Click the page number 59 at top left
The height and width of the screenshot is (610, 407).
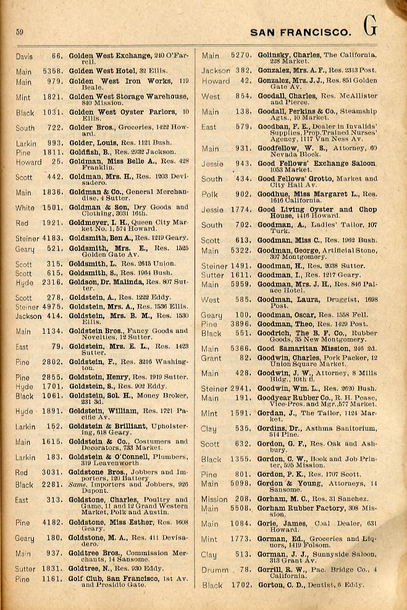pos(20,32)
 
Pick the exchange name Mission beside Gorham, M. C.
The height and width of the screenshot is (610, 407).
pos(214,499)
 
